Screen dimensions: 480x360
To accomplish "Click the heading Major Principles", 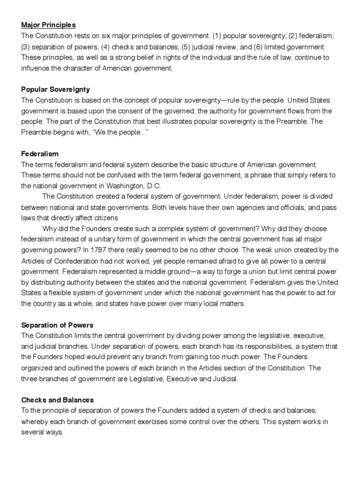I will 48,24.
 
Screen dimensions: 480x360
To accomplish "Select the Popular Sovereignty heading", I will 55,89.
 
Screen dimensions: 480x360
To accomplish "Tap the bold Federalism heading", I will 40,154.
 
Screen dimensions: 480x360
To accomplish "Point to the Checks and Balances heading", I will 57,400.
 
